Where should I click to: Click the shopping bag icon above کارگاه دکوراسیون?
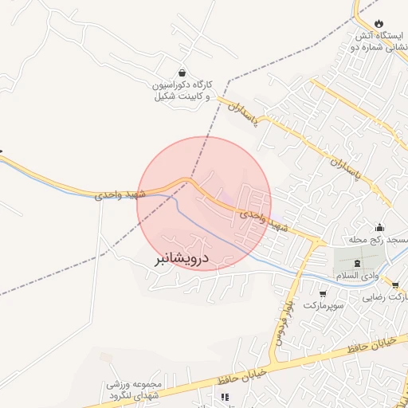182,71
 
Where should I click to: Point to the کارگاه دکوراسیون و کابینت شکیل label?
182,89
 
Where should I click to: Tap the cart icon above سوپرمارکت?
323,293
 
